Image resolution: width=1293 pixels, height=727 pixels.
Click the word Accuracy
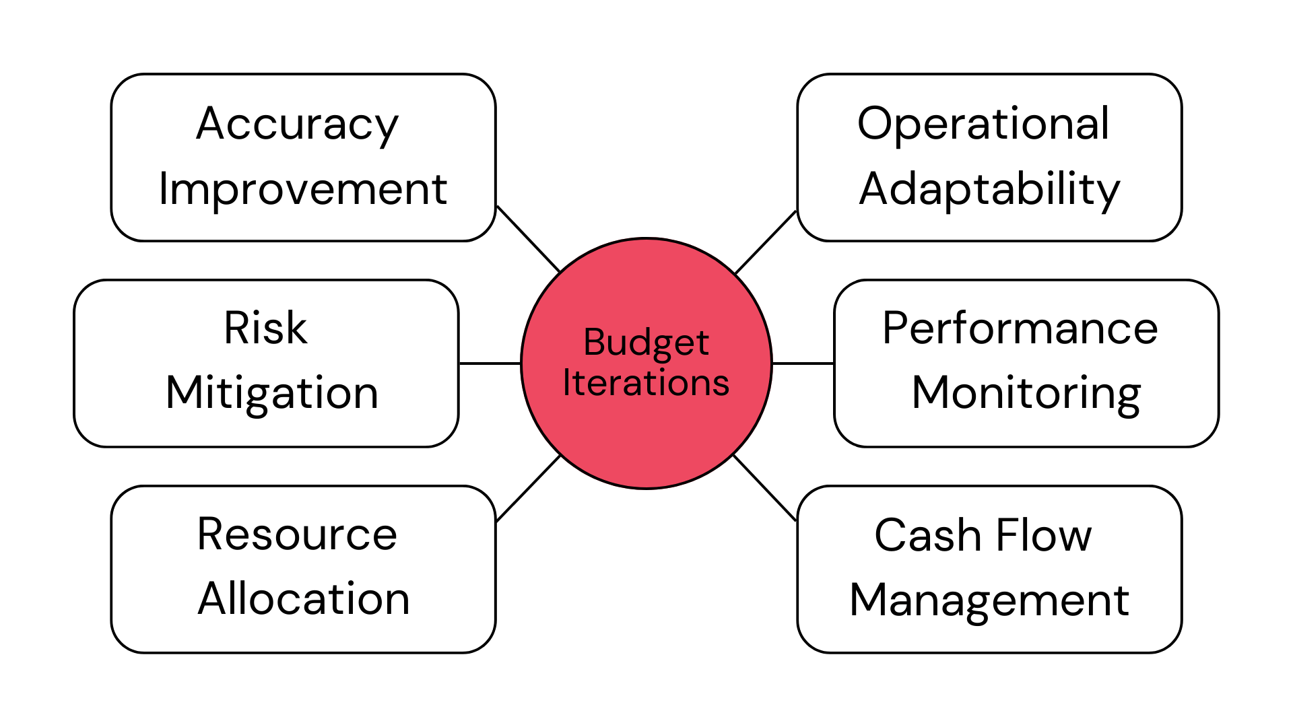(x=297, y=125)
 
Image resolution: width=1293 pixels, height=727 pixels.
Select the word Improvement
(x=303, y=189)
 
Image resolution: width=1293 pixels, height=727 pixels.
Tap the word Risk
(x=265, y=328)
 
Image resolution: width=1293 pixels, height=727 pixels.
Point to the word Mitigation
(x=272, y=393)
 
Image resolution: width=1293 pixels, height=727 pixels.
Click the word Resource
(x=297, y=534)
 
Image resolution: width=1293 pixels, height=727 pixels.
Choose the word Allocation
(x=304, y=598)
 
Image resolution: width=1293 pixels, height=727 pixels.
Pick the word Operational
(x=983, y=124)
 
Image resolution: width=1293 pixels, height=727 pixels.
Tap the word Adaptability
(x=989, y=189)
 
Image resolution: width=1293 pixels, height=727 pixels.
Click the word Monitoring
(x=1026, y=393)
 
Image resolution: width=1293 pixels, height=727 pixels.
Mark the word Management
(x=989, y=600)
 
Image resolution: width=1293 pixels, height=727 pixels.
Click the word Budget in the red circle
(x=646, y=343)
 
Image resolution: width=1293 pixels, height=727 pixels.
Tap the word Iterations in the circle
(x=646, y=383)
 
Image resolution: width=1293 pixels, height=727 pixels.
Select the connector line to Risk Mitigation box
(x=490, y=363)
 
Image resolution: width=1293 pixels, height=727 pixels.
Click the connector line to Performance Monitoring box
(x=803, y=363)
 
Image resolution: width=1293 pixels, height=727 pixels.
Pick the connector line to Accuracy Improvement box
(x=529, y=239)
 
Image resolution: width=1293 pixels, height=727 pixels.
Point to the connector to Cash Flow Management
(x=764, y=487)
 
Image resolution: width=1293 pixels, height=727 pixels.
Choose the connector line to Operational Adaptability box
(x=766, y=242)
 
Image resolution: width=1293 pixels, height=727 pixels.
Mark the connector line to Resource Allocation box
(x=529, y=488)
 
